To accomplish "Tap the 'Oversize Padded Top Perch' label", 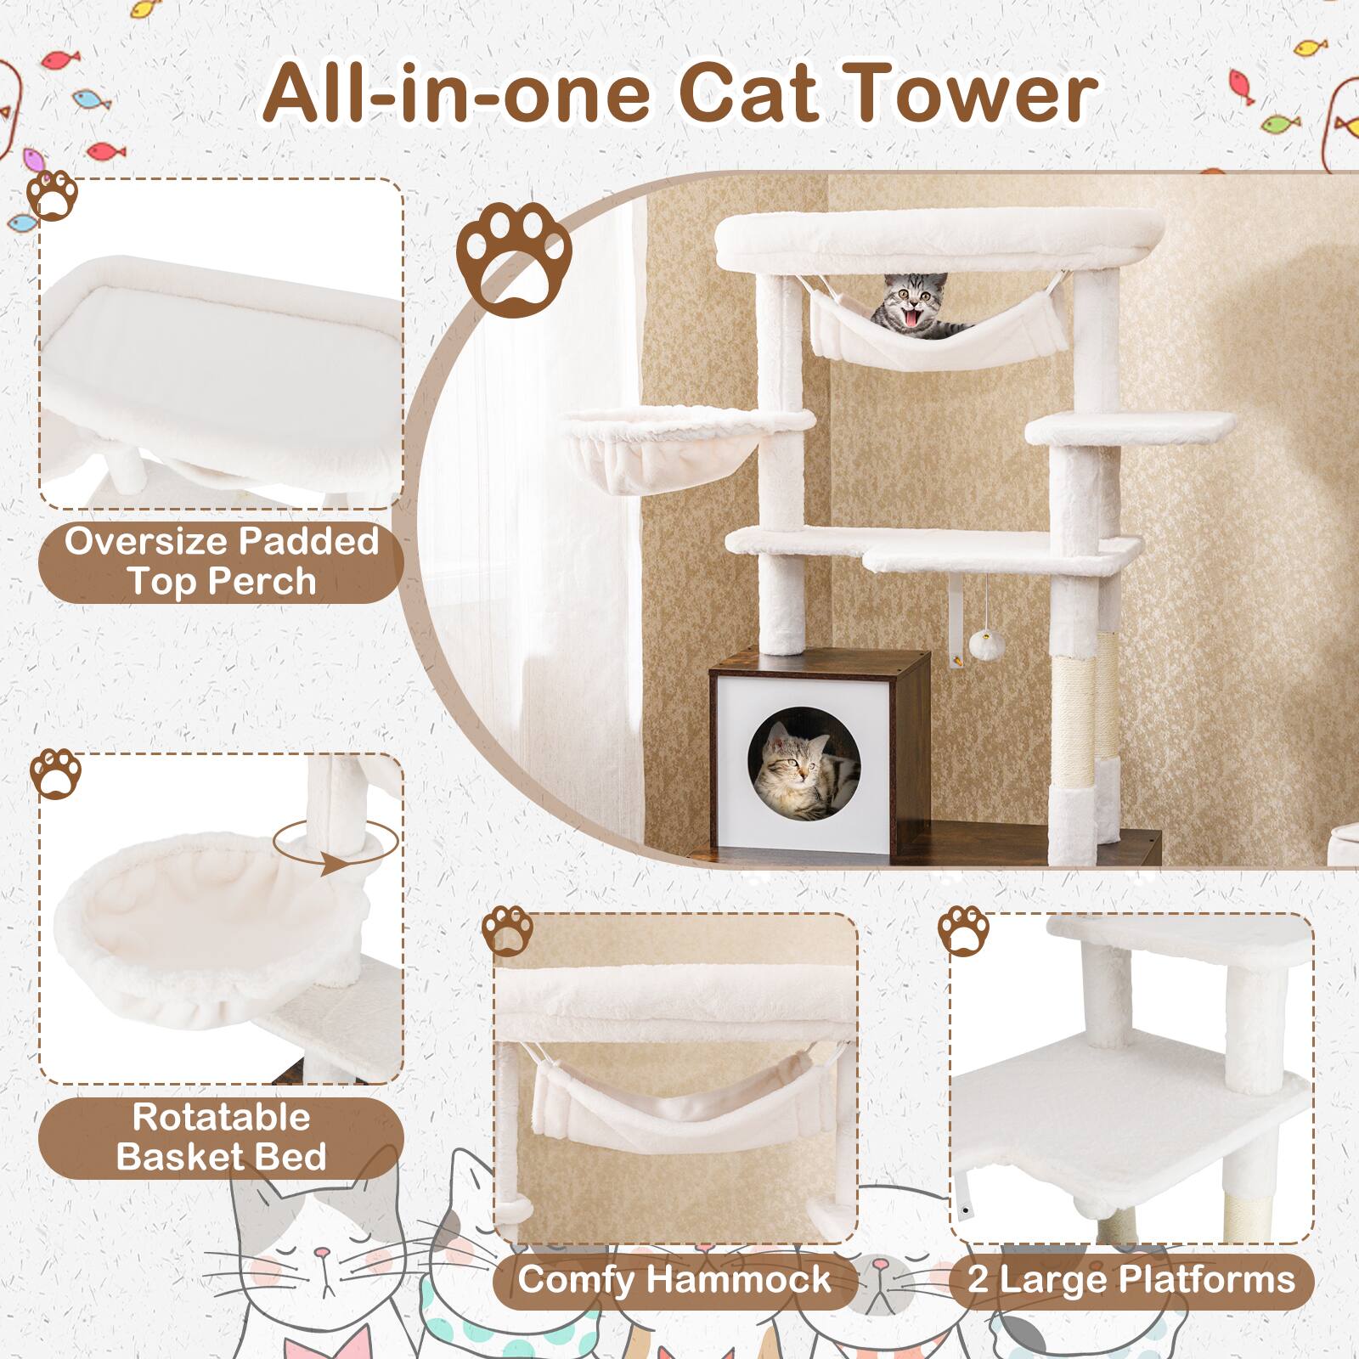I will pyautogui.click(x=221, y=561).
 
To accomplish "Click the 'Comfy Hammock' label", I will pyautogui.click(x=674, y=1279).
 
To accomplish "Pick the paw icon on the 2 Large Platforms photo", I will pyautogui.click(x=963, y=930).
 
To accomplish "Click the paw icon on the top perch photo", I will pyautogui.click(x=53, y=197).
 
